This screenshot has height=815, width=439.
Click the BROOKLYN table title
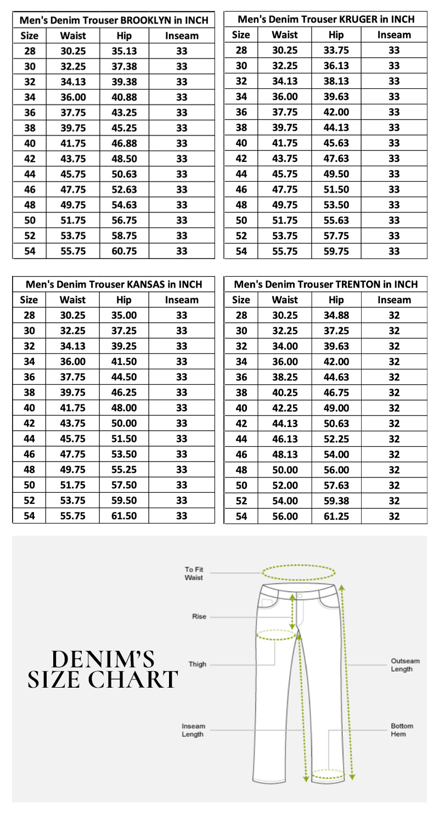click(114, 21)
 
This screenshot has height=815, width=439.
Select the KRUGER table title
click(326, 20)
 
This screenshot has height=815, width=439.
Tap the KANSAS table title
click(114, 285)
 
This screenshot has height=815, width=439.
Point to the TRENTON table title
click(326, 285)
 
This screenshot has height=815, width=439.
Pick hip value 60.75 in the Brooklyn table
click(124, 252)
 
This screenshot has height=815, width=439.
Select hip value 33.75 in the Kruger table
click(336, 51)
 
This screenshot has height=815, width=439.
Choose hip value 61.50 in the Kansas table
click(124, 516)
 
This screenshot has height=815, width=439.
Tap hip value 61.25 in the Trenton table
click(336, 516)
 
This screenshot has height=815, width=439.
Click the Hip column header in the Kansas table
click(124, 300)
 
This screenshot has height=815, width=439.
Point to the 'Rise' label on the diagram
click(199, 617)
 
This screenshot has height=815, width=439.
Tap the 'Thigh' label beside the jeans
click(198, 664)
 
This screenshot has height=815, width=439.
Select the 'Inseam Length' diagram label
click(193, 730)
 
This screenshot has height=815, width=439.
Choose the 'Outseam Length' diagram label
click(405, 665)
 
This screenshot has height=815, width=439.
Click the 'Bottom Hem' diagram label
click(402, 730)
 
